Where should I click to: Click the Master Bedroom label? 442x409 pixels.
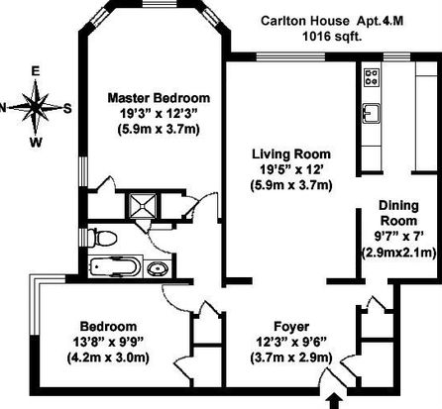(159, 98)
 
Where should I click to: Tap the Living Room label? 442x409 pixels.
(291, 154)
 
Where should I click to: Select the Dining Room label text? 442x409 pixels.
(398, 213)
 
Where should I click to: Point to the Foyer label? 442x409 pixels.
(291, 327)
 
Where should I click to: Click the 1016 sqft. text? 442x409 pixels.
(332, 37)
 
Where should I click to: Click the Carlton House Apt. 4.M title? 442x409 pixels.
(332, 21)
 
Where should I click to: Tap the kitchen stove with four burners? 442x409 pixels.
(372, 77)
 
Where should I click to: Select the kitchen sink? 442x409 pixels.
(372, 113)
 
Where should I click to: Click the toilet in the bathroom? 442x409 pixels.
(102, 238)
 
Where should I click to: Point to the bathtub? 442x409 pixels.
(113, 266)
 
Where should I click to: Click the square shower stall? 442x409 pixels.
(143, 206)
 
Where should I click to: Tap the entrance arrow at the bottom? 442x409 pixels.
(335, 401)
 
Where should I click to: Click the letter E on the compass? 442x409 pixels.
(35, 71)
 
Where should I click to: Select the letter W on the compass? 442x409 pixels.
(36, 143)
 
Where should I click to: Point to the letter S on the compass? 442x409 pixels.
(67, 108)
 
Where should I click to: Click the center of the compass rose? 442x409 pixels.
(36, 107)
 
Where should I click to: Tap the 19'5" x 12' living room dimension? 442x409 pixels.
(291, 169)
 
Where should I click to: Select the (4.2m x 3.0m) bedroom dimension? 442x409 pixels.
(108, 358)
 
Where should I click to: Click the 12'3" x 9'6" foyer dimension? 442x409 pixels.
(291, 342)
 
